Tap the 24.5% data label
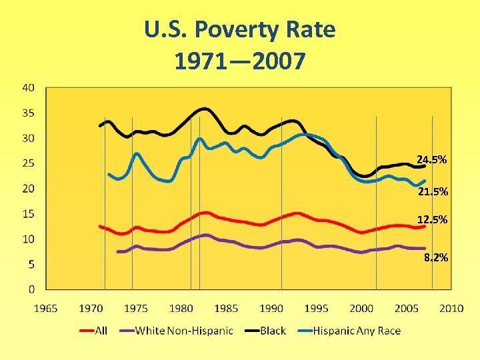tap(431, 160)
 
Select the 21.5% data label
tap(433, 192)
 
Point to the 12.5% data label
tap(432, 219)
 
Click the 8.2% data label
tap(435, 257)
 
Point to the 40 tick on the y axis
tap(29, 87)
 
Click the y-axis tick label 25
tap(29, 163)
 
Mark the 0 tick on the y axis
tap(32, 289)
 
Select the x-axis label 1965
tap(45, 308)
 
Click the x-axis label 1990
tap(271, 308)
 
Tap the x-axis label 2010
tap(451, 308)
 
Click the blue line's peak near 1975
tap(137, 154)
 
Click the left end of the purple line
tap(118, 251)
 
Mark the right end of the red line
tap(424, 226)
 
